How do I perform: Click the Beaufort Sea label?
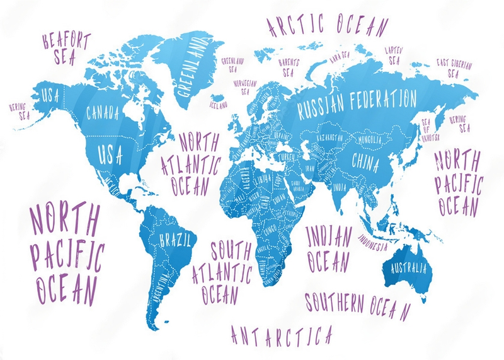pyautogui.click(x=66, y=47)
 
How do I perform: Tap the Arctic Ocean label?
pyautogui.click(x=327, y=25)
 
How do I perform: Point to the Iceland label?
pyautogui.click(x=219, y=105)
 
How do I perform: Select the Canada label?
pyautogui.click(x=102, y=114)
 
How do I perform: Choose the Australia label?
pyautogui.click(x=408, y=269)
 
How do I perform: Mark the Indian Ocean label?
pyautogui.click(x=328, y=246)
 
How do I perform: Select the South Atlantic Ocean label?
pyautogui.click(x=223, y=270)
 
